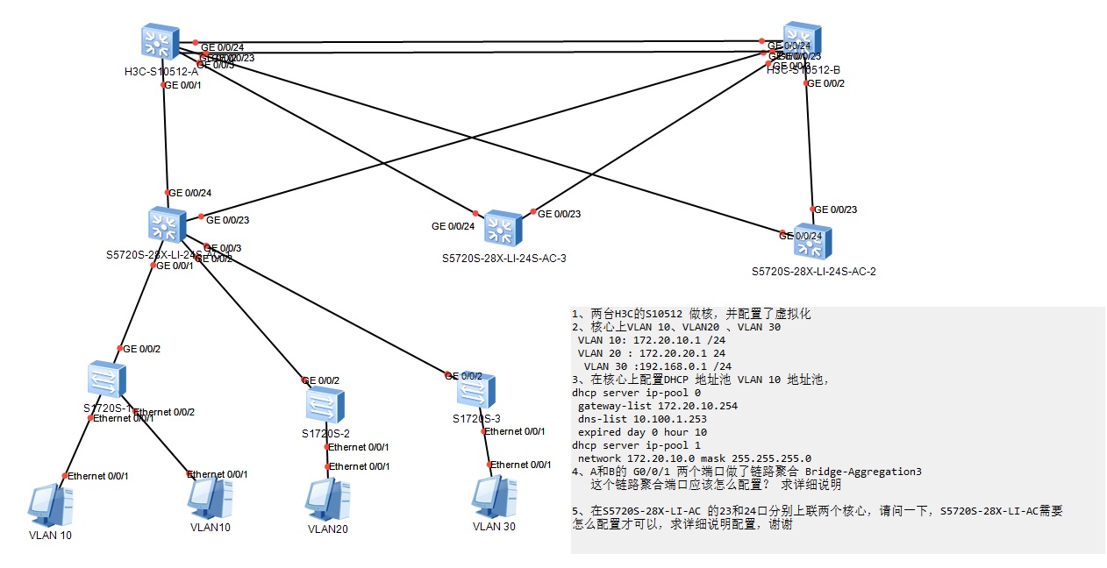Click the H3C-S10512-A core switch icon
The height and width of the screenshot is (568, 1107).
point(159,42)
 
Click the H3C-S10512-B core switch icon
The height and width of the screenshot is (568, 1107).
point(803,40)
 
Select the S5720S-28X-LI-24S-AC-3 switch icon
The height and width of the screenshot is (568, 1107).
point(503,229)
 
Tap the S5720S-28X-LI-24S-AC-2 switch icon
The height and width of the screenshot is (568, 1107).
point(812,241)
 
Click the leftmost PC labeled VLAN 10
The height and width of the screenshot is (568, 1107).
point(49,505)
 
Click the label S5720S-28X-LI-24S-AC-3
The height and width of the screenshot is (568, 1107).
point(504,259)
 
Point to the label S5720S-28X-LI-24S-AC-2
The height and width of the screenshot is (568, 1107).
point(813,272)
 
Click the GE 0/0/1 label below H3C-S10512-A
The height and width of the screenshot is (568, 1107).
point(182,85)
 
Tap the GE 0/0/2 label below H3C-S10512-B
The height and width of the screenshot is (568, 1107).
point(825,83)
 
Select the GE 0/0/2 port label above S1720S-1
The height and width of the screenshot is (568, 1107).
point(141,349)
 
